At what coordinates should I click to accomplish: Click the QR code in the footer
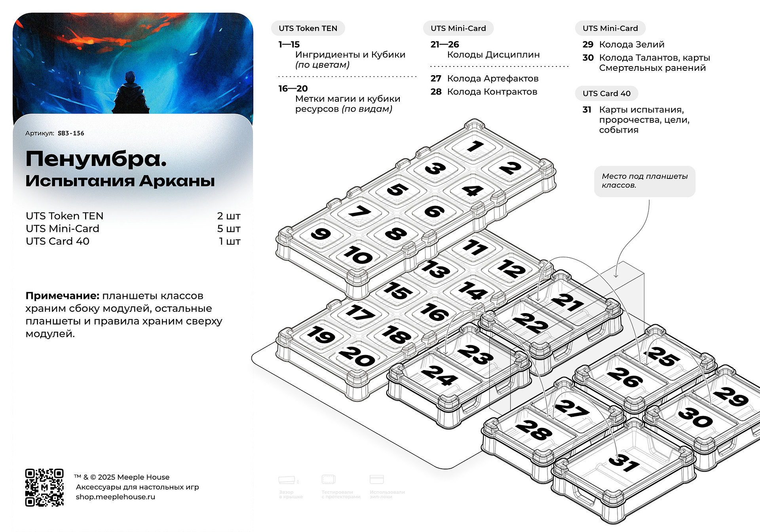(44, 487)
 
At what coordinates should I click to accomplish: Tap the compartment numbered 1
(475, 146)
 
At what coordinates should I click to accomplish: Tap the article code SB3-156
(71, 133)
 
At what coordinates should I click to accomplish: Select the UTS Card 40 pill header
(606, 93)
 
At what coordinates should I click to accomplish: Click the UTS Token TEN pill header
(308, 28)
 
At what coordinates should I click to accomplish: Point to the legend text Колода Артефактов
(492, 78)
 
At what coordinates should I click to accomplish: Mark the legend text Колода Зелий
(631, 44)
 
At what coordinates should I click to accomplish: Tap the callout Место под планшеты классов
(644, 181)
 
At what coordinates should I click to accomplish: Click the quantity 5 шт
(229, 228)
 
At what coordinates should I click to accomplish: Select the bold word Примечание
(62, 296)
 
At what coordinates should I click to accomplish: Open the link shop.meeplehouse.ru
(116, 497)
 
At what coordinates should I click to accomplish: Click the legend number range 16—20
(293, 89)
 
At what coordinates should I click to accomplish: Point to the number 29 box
(731, 396)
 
